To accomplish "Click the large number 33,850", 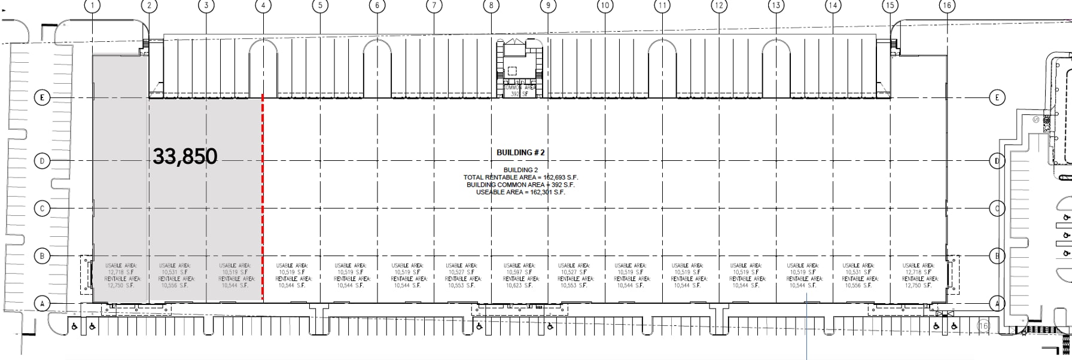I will (185, 156).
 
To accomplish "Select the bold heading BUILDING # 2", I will (520, 152).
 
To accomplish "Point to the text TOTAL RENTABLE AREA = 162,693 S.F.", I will (520, 178).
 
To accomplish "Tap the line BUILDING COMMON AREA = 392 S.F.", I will (520, 185).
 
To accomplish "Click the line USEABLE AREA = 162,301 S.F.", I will (520, 192).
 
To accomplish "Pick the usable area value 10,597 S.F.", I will (519, 272).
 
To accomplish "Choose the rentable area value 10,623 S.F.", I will (519, 286).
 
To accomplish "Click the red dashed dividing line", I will (263, 197).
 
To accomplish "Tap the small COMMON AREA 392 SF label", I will (519, 91).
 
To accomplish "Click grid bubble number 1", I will (92, 6).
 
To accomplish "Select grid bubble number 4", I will (263, 6).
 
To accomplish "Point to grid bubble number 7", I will (434, 6).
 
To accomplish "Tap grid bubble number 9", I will (548, 6).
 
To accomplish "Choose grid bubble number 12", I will (718, 6).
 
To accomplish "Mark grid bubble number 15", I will (890, 6).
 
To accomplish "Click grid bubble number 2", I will (149, 6).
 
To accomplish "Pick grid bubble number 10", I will (605, 6).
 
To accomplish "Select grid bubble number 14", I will (833, 6).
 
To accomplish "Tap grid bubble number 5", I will (320, 6).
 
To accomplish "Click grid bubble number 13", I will (776, 6).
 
